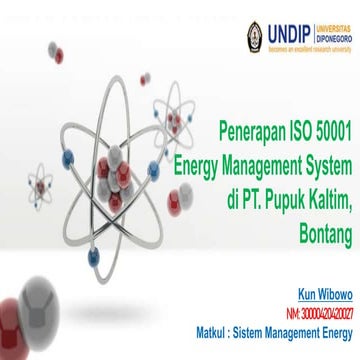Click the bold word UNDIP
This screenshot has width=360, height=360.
(x=295, y=23)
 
